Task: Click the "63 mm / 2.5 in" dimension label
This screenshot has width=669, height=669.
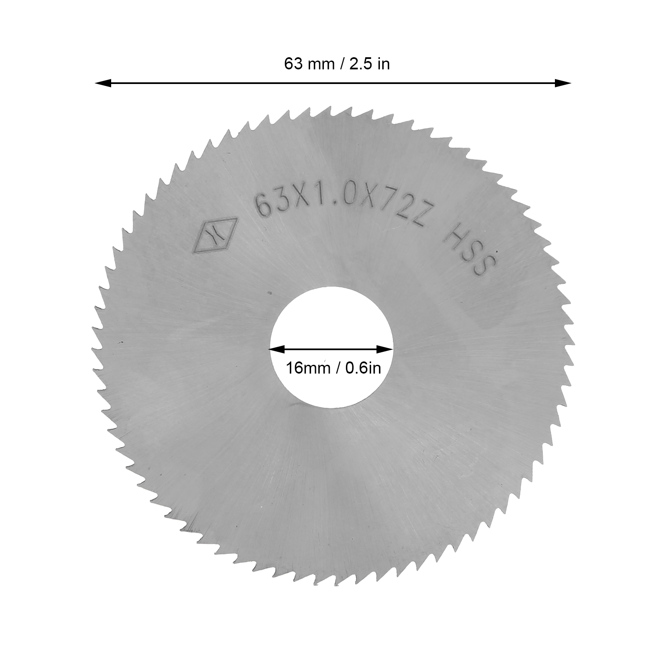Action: (337, 64)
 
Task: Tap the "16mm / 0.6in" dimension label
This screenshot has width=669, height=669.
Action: (333, 368)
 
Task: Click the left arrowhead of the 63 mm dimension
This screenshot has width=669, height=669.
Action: (103, 84)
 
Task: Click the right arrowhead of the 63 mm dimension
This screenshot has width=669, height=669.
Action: (562, 83)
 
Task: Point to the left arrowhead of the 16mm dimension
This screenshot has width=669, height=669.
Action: (277, 349)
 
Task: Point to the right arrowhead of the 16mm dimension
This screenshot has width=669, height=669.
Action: (385, 349)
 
